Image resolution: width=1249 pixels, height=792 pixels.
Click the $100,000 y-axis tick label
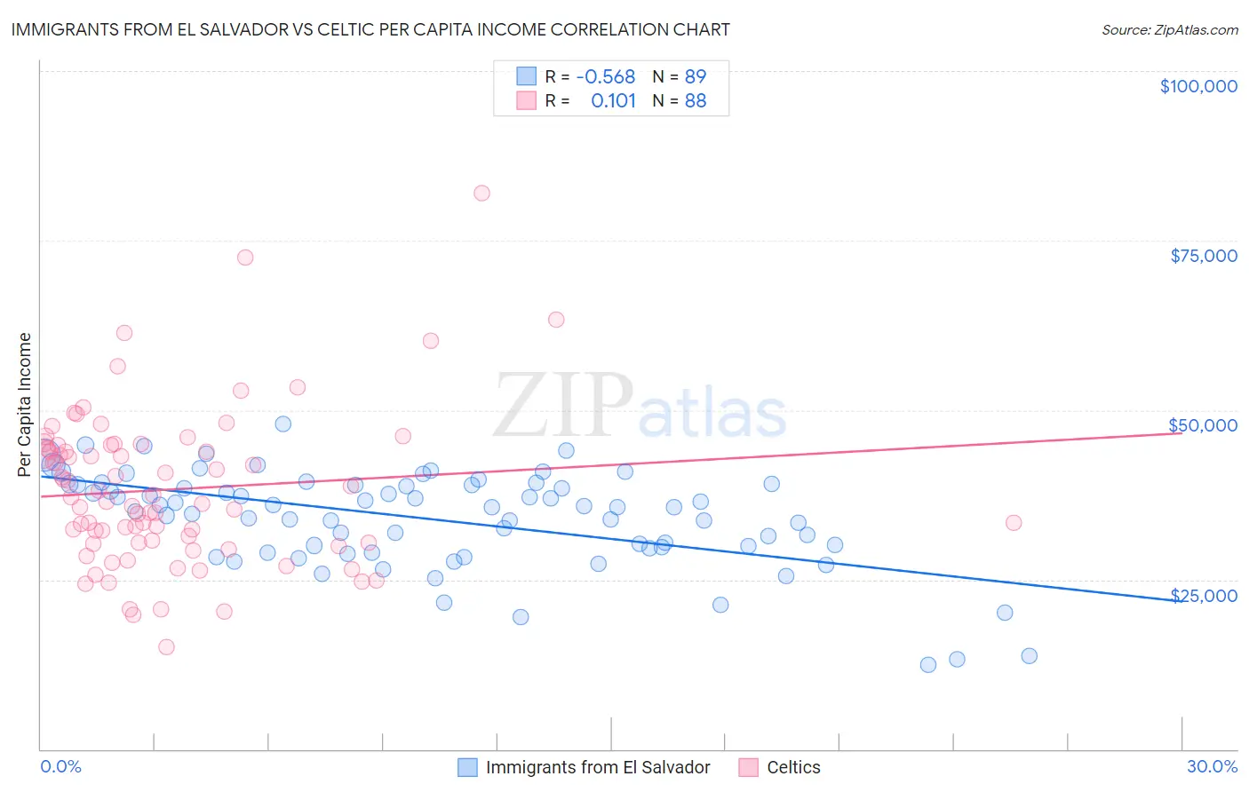tap(1198, 86)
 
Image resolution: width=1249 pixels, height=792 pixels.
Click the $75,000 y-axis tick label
tap(1204, 256)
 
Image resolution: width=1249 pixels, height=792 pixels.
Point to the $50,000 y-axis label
tap(1203, 425)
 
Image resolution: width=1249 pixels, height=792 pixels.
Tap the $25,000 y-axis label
tap(1204, 596)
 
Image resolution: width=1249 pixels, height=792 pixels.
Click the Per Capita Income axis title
tap(25, 404)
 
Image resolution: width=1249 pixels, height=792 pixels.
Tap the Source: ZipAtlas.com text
tap(1169, 29)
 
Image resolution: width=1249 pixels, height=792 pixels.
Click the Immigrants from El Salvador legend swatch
tap(468, 767)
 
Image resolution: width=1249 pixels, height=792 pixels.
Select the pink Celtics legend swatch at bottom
tap(749, 767)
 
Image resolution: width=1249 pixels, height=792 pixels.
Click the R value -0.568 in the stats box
tap(605, 76)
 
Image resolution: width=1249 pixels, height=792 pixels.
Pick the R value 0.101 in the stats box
tap(613, 100)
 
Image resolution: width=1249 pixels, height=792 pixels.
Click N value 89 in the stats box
tap(696, 76)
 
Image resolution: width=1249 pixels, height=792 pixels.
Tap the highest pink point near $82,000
tap(481, 193)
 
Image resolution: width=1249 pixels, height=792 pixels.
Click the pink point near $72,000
tap(245, 257)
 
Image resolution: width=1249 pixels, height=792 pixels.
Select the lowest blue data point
tap(928, 665)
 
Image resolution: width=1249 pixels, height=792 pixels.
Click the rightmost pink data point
tap(1014, 523)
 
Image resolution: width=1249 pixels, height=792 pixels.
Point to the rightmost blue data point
tap(1030, 656)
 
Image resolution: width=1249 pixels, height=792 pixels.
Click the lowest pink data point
tap(166, 647)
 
